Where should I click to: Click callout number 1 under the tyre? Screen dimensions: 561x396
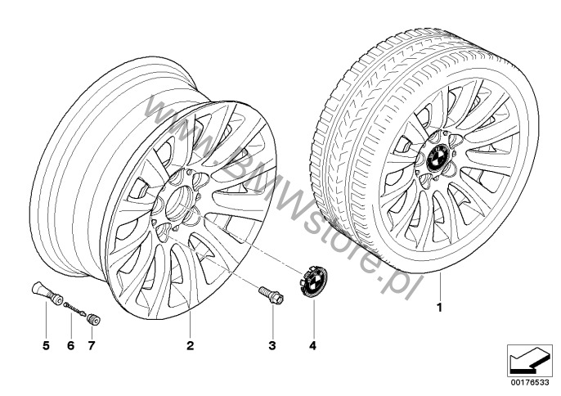pyautogui.click(x=440, y=308)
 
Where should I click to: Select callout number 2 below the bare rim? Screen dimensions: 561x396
pyautogui.click(x=190, y=345)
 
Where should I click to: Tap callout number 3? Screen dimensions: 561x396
pyautogui.click(x=272, y=345)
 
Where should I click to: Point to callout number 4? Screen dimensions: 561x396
pyautogui.click(x=313, y=345)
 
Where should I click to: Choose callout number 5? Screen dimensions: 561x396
pyautogui.click(x=46, y=345)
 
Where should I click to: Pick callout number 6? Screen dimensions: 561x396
pyautogui.click(x=70, y=345)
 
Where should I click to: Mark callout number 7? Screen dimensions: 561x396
pyautogui.click(x=92, y=345)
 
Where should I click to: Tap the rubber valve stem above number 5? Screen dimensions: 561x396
pyautogui.click(x=46, y=294)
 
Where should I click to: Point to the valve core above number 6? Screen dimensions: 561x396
pyautogui.click(x=74, y=308)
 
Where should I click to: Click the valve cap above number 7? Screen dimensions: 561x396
pyautogui.click(x=93, y=319)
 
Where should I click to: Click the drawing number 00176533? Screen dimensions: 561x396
pyautogui.click(x=530, y=382)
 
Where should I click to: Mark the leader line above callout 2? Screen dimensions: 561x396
pyautogui.click(x=190, y=324)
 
